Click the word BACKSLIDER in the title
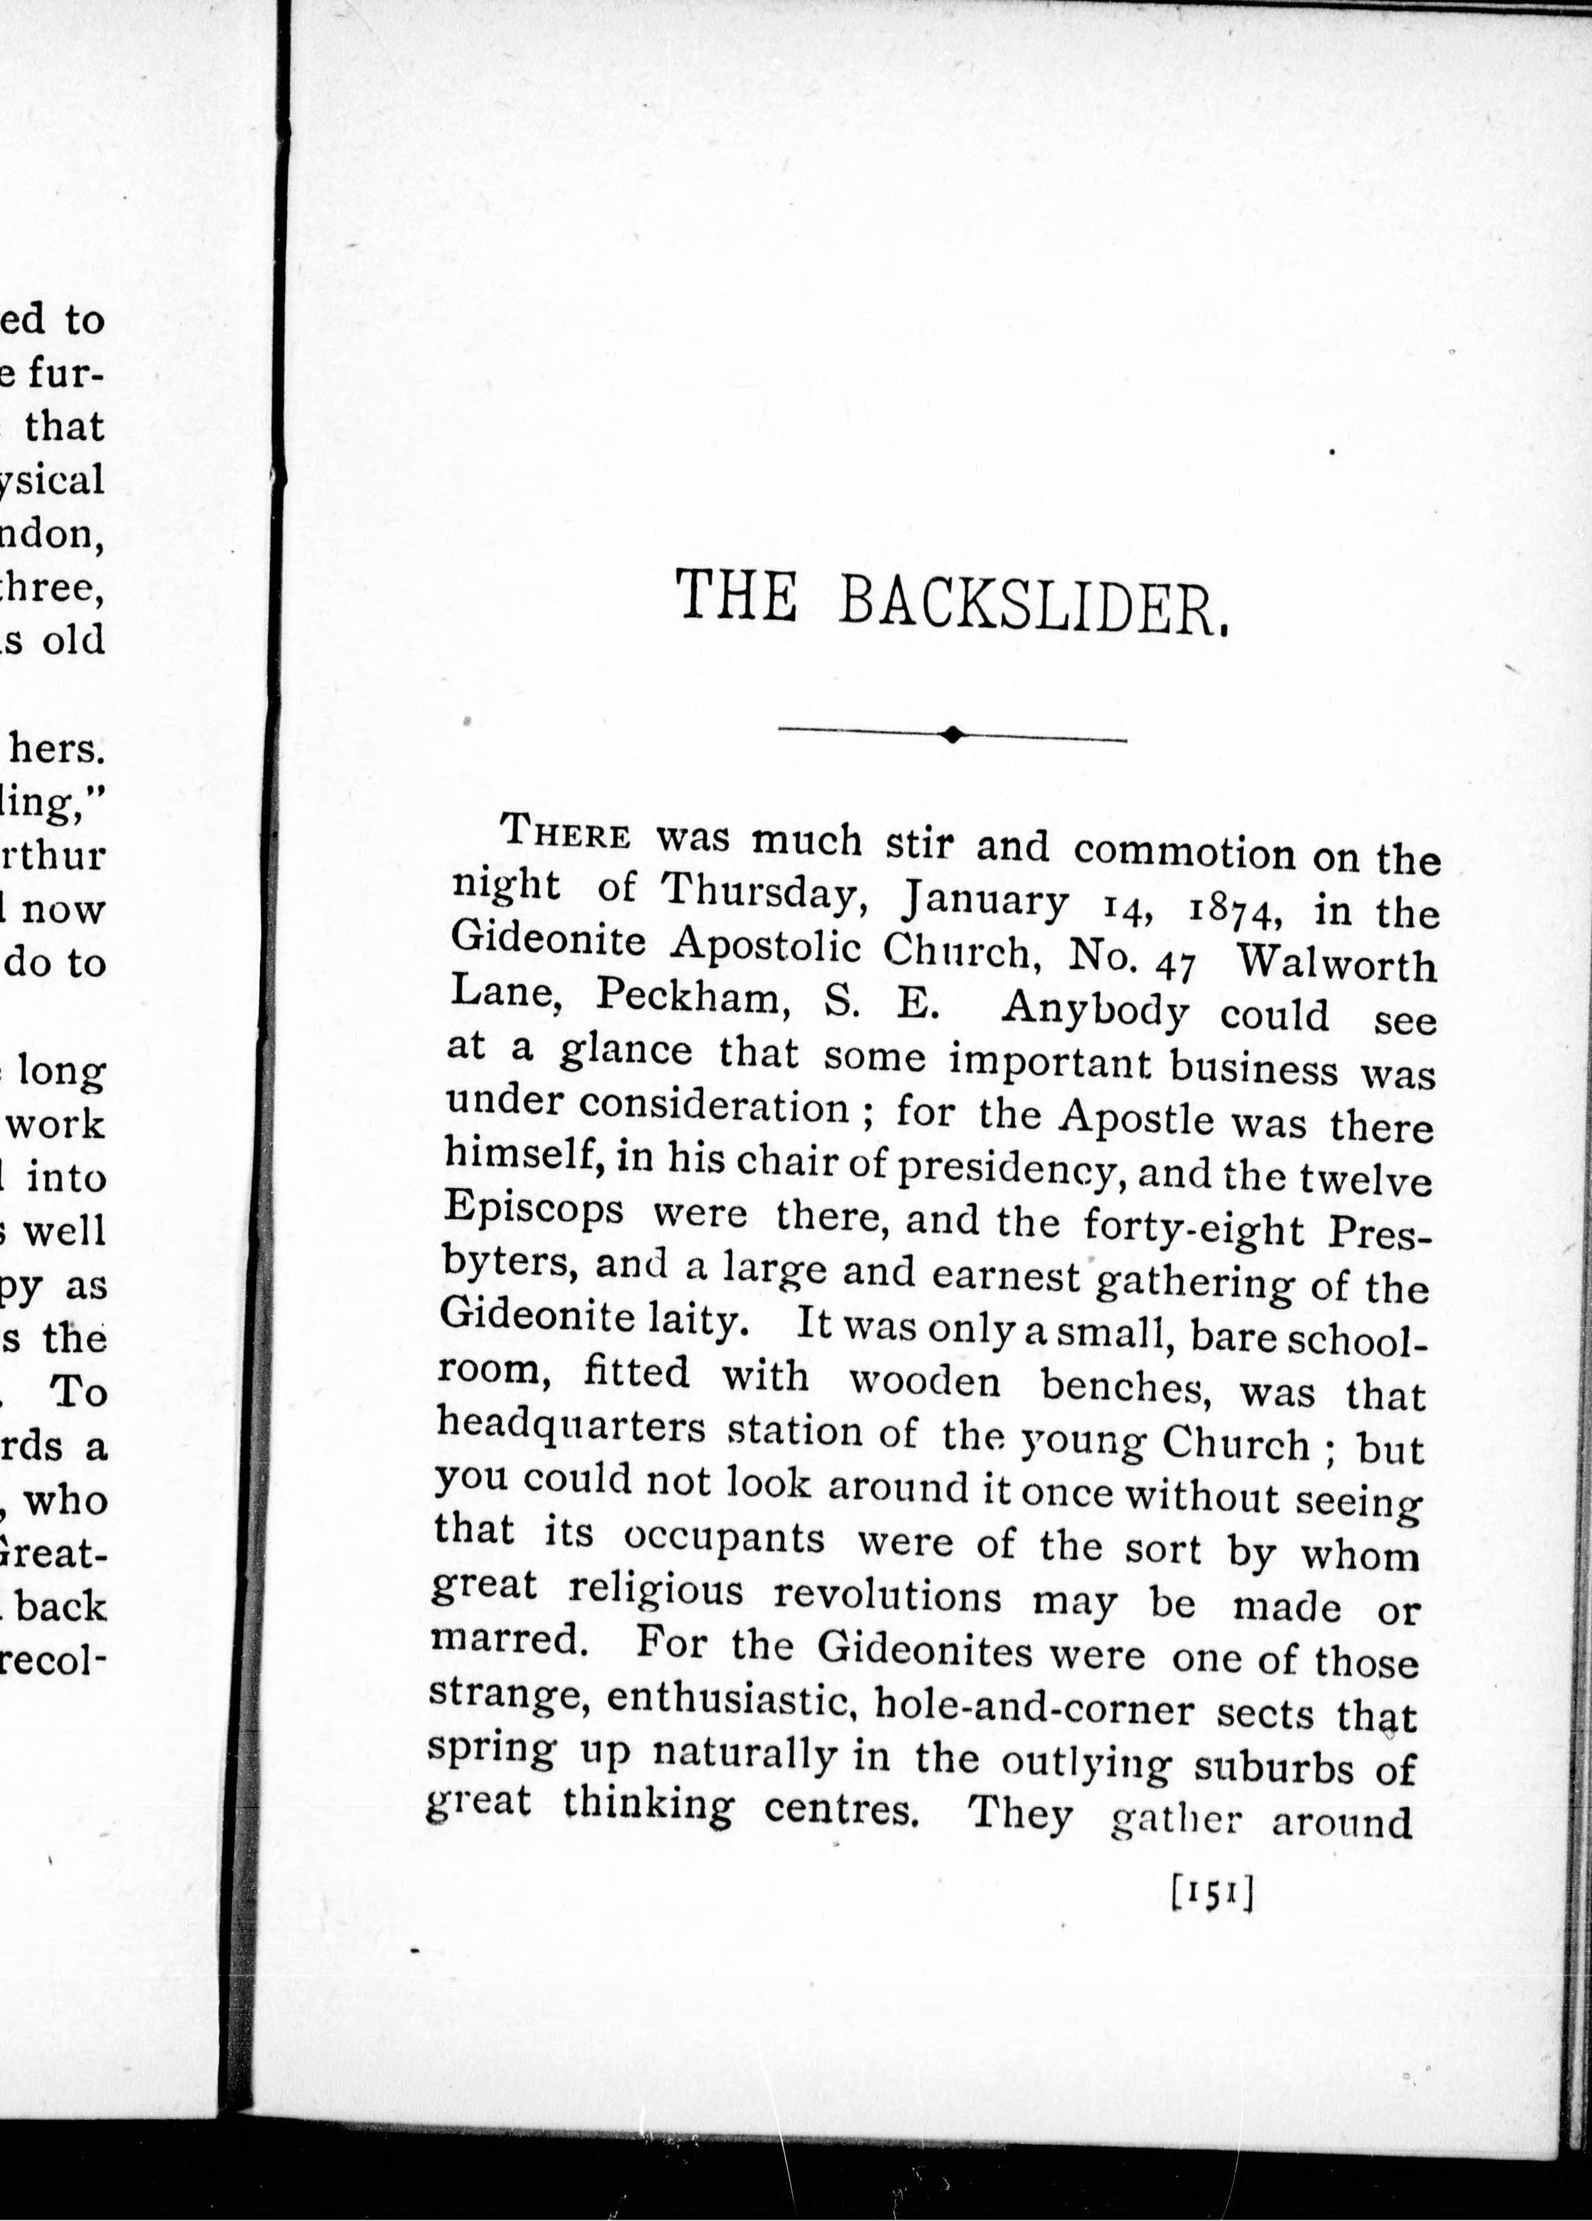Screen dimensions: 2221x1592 tap(1034, 599)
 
